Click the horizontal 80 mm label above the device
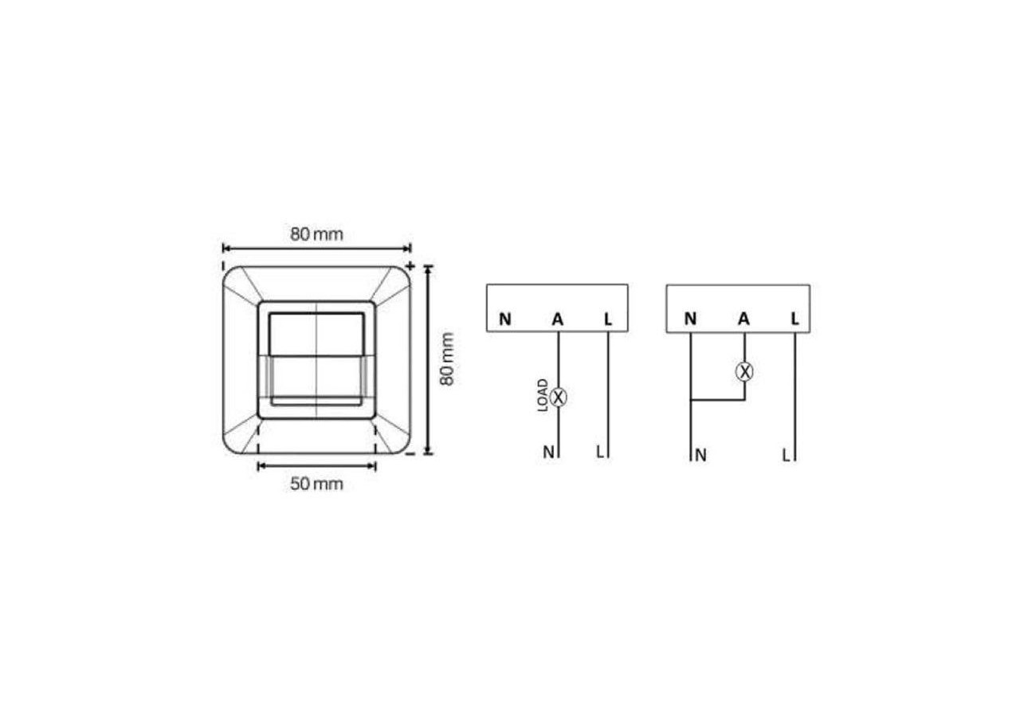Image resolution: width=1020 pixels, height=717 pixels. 316,234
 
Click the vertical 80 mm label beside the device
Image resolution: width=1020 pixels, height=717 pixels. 447,359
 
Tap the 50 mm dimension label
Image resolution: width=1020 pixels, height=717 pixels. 316,484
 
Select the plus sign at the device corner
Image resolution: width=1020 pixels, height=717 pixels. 410,265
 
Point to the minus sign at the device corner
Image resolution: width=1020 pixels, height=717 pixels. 410,454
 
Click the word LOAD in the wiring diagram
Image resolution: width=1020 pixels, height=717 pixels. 543,395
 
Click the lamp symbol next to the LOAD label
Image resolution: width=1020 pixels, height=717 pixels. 559,398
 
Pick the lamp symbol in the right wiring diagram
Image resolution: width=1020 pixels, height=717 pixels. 744,371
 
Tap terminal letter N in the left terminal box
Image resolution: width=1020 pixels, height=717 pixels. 505,319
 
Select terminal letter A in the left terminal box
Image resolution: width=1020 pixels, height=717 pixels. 558,319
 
